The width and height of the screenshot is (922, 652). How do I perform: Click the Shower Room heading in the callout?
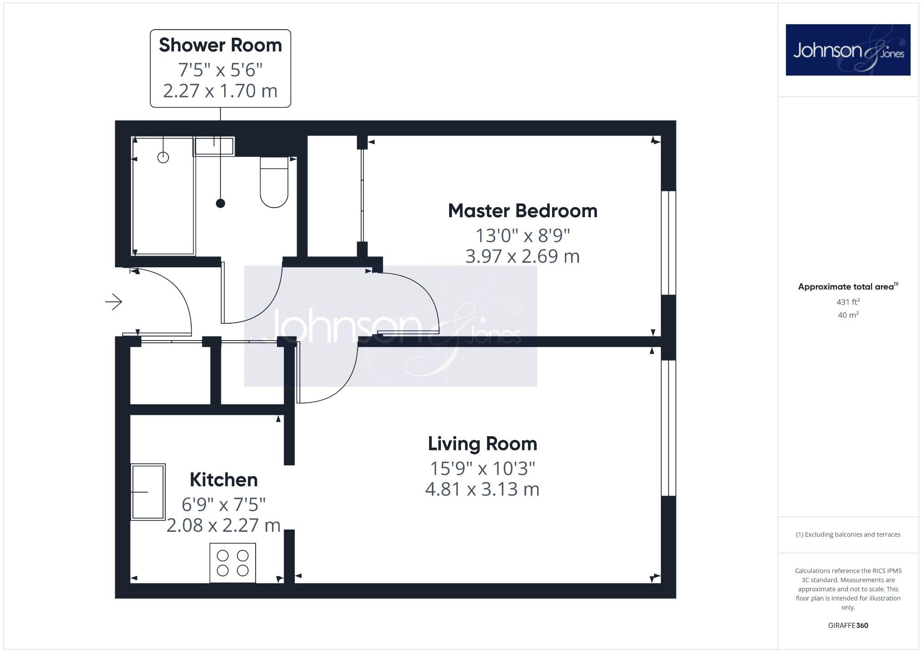(x=220, y=46)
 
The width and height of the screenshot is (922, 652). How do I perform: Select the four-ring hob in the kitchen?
(x=232, y=563)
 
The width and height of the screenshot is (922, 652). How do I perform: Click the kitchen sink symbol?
(x=148, y=492)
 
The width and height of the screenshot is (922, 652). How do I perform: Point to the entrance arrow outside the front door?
(x=114, y=301)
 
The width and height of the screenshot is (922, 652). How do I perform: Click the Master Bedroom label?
(x=522, y=211)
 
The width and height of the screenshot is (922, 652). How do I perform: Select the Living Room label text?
(x=482, y=444)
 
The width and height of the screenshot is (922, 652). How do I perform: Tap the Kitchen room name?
(x=224, y=480)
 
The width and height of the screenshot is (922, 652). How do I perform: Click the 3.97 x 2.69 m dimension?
(x=522, y=256)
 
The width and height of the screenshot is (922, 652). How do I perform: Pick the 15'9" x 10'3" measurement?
(x=482, y=468)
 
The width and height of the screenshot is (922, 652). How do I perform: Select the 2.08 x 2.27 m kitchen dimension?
(x=224, y=525)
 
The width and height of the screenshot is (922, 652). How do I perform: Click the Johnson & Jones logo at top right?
(x=848, y=50)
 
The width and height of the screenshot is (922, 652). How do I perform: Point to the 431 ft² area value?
(x=848, y=302)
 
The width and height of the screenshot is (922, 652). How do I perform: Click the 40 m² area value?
(x=848, y=315)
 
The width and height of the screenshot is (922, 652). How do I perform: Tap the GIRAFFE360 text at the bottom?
(x=848, y=626)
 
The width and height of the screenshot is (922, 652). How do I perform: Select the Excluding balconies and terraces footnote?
(x=848, y=535)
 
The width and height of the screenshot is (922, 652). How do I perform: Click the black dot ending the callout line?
(x=220, y=204)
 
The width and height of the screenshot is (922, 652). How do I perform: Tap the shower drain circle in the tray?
(x=163, y=158)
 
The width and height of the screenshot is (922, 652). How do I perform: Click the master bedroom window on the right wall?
(x=668, y=243)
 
